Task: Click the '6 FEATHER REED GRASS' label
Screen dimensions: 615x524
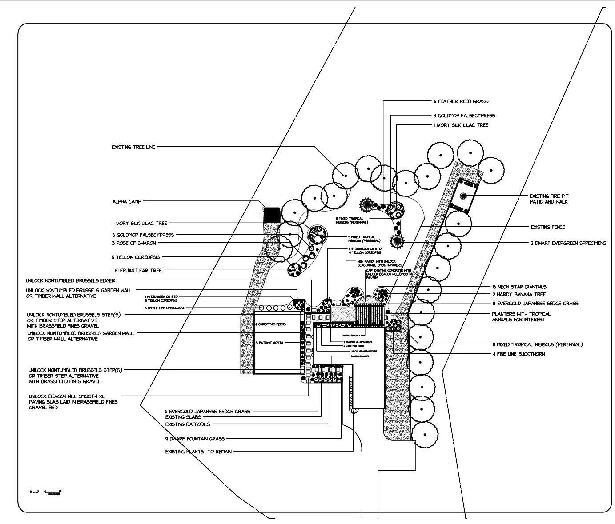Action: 461,101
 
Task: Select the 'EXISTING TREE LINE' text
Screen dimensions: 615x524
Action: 133,147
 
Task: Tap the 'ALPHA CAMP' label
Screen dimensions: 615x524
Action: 127,202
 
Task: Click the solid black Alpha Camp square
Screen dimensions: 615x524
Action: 271,215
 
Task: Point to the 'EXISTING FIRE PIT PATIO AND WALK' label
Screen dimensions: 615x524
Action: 549,199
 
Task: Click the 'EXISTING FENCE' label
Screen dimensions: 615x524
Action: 548,227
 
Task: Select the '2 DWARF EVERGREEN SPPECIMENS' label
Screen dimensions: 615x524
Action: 568,243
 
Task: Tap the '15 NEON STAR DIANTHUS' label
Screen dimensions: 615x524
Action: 519,287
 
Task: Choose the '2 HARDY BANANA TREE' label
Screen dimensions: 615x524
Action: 519,294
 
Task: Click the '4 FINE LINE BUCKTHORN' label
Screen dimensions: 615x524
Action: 519,354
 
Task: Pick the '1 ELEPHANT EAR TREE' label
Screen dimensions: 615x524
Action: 137,270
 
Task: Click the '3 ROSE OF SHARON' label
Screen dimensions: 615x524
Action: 134,243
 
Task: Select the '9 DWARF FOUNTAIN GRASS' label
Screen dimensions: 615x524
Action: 194,439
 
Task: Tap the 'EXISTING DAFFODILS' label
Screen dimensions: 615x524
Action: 188,424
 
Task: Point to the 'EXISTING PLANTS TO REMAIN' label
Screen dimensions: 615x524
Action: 198,452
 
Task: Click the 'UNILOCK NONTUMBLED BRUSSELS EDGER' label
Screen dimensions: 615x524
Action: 71,280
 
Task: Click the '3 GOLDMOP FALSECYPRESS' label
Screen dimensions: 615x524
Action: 464,116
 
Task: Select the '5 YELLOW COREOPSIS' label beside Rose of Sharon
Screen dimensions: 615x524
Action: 136,257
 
